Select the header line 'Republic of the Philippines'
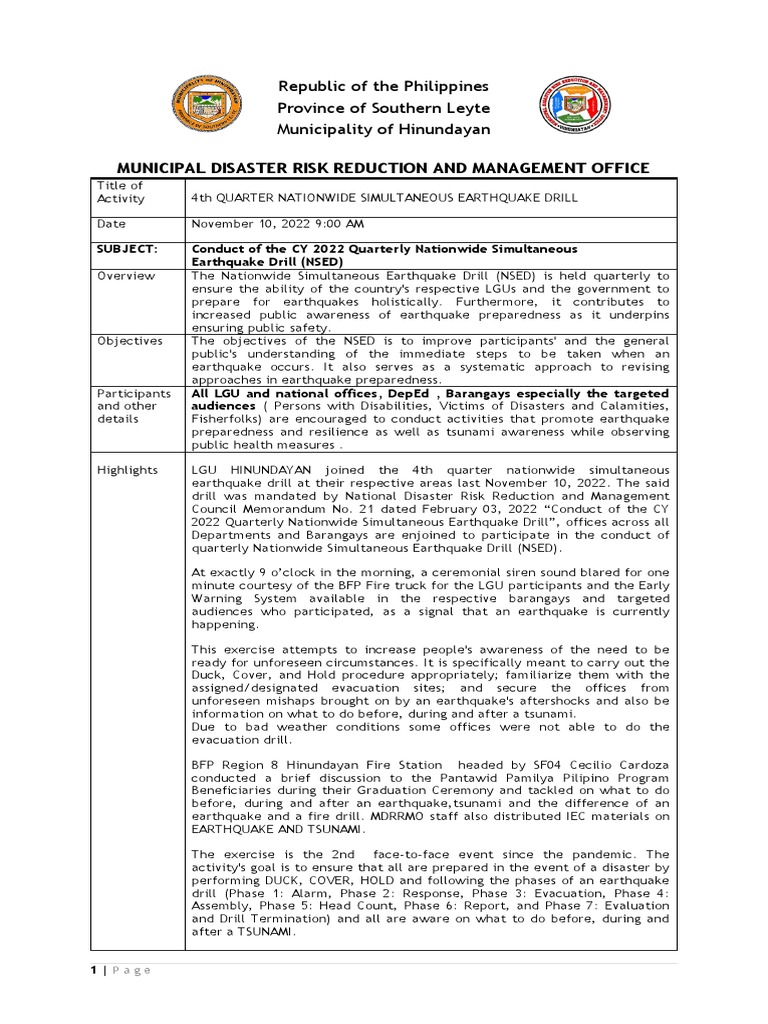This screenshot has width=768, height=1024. pos(383,87)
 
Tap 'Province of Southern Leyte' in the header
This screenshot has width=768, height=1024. pos(383,108)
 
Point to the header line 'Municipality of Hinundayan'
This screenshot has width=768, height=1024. pos(383,130)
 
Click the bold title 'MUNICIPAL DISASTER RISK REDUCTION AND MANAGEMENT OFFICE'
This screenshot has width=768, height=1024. pos(383,167)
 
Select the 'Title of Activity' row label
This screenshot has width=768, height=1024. pos(119,192)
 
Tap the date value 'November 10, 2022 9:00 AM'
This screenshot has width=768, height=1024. pos(278,225)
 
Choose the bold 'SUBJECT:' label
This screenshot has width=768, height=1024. pos(127,248)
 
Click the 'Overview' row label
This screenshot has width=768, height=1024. pos(125,275)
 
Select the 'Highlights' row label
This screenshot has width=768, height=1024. pos(127,469)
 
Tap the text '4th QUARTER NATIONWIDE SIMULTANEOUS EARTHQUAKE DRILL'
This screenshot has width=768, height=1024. pos(384,198)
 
